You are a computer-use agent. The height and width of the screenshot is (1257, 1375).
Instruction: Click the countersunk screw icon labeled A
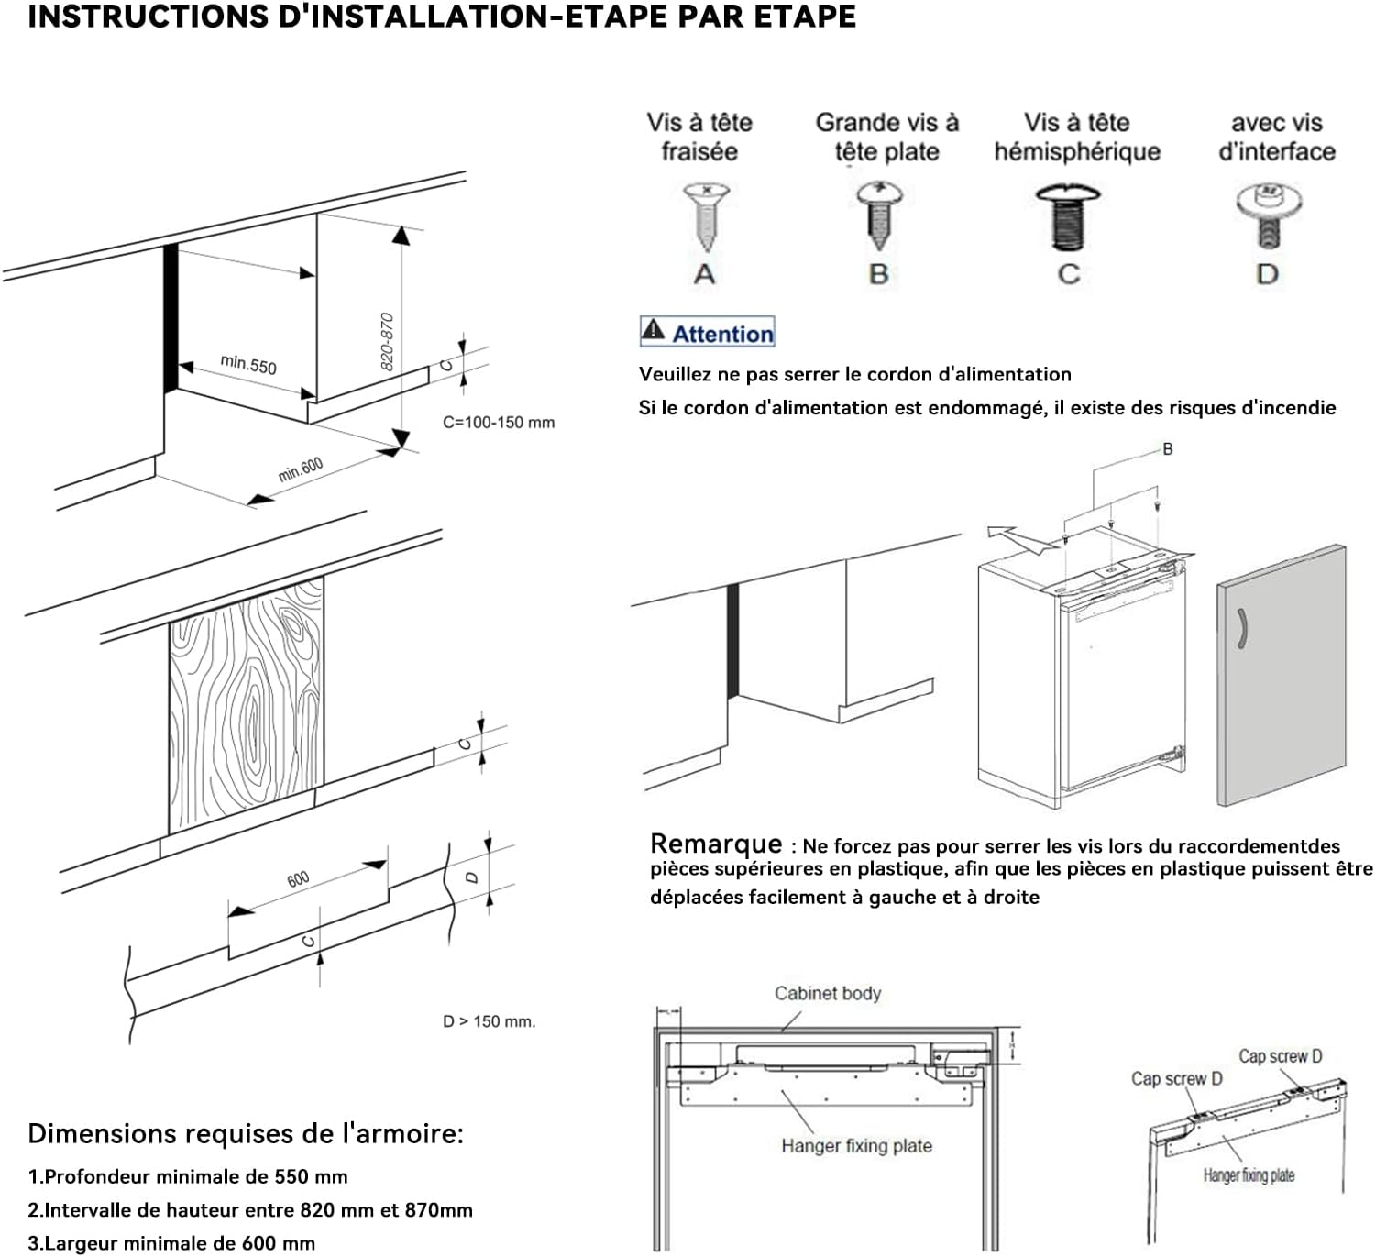pos(705,216)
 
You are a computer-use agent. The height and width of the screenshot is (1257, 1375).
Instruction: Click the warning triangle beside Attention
pos(653,330)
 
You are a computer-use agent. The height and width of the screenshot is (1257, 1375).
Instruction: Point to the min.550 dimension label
pos(248,364)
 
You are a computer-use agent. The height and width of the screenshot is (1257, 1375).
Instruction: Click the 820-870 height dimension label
pos(387,341)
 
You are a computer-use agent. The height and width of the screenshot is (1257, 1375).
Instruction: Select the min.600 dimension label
pos(301,469)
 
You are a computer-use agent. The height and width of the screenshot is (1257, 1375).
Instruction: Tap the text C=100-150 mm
pos(499,423)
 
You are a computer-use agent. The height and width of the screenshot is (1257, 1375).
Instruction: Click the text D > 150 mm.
pos(489,1021)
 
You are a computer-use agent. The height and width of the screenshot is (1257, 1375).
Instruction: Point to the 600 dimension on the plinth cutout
pos(298,879)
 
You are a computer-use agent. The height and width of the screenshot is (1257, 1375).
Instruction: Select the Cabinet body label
pos(827,993)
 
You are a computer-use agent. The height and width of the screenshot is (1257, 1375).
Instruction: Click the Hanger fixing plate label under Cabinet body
pos(856,1145)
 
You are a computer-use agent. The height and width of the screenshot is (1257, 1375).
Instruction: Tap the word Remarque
pos(716,844)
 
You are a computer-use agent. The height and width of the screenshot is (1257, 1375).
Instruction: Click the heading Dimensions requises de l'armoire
pos(246,1133)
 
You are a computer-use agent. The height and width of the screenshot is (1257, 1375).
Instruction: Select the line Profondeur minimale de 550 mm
pos(188,1176)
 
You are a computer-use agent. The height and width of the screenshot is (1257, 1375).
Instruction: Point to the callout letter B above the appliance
pos(1167,449)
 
